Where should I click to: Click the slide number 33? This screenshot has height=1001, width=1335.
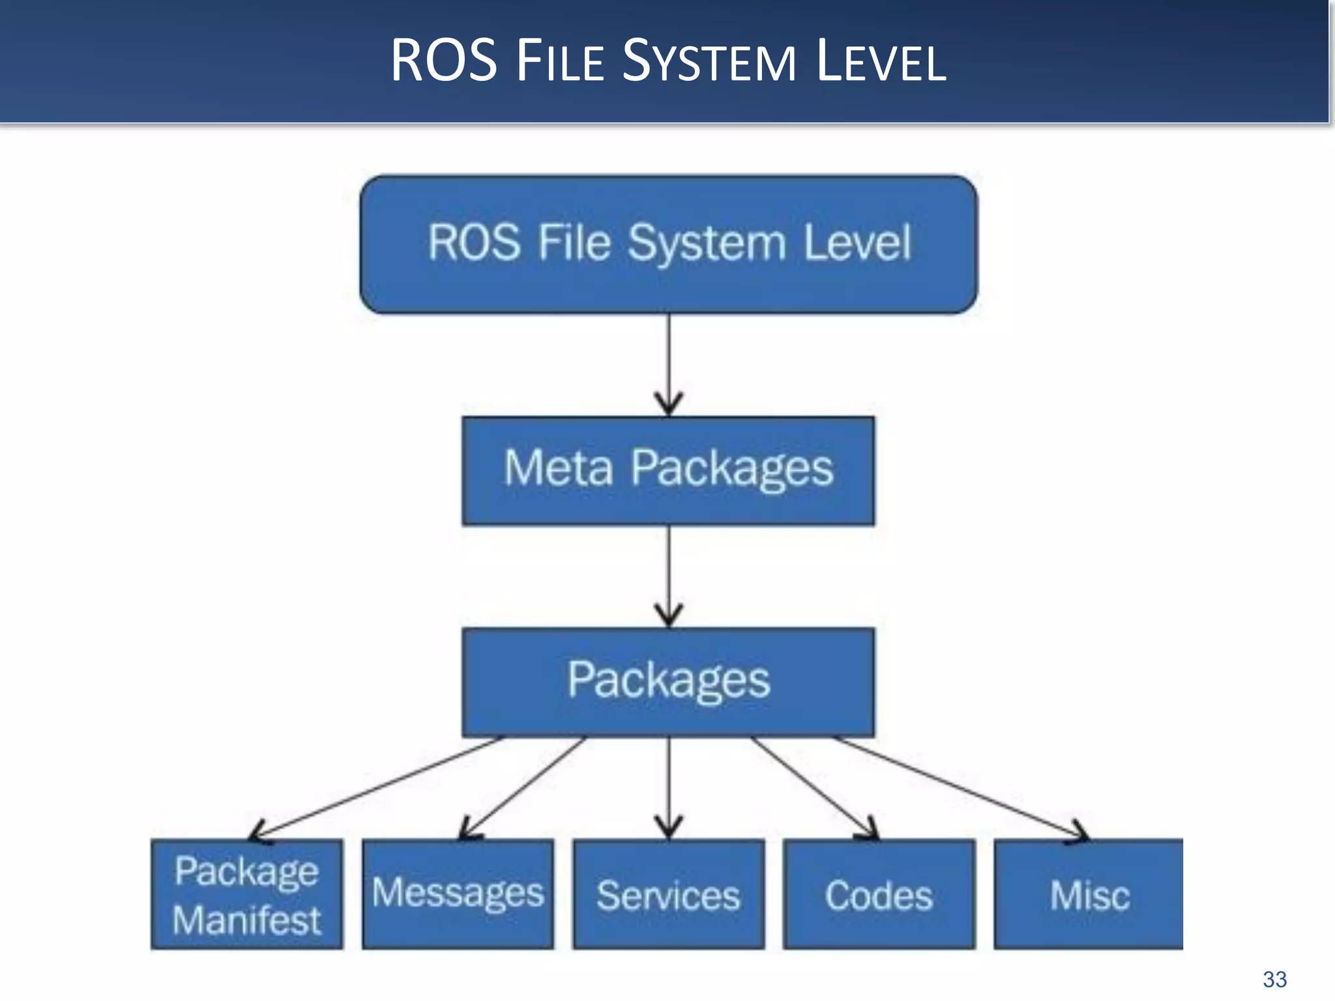[1274, 979]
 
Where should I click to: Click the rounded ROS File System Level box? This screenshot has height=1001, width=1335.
[668, 244]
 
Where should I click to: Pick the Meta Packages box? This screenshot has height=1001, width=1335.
[668, 471]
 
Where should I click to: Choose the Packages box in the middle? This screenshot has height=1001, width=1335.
[668, 682]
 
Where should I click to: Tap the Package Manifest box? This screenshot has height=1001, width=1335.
[246, 894]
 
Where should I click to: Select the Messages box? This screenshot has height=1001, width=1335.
[458, 894]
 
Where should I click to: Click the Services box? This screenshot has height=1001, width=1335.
[668, 894]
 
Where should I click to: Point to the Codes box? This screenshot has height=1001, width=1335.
[879, 894]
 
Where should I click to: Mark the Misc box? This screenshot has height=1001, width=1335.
[1089, 894]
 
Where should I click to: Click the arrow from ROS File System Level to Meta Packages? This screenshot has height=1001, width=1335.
[668, 365]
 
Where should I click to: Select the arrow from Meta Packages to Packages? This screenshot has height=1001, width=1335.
[668, 577]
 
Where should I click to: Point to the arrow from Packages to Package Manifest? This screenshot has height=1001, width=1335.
[378, 787]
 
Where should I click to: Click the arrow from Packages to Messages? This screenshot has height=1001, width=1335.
[525, 787]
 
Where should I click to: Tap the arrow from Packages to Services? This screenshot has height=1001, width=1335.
[668, 787]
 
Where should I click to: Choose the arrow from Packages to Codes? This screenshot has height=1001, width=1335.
[814, 787]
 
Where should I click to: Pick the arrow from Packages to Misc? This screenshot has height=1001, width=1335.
[958, 787]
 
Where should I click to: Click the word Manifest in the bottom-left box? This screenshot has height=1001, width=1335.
[246, 920]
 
